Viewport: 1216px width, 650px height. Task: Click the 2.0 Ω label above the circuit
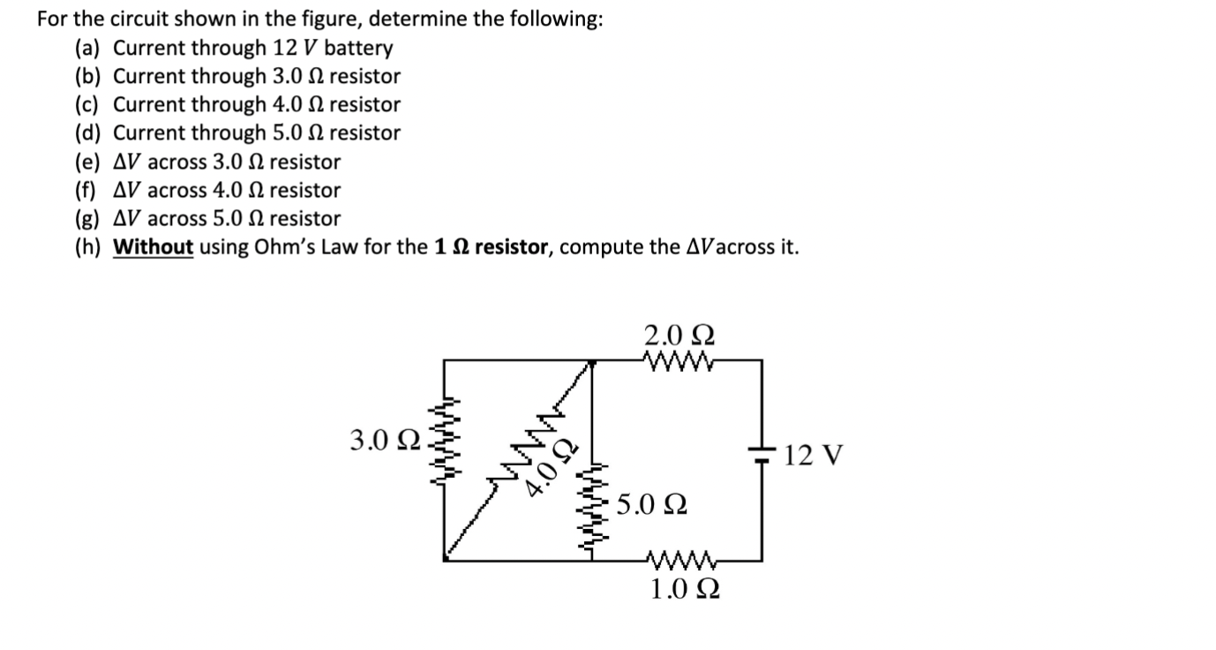[679, 336]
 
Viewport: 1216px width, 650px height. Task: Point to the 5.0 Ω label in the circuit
[652, 505]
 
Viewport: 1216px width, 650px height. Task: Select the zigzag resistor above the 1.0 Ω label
[677, 558]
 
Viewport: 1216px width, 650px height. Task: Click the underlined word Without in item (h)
[154, 246]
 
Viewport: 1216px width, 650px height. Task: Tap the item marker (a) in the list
[87, 48]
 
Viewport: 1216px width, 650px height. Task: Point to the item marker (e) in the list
[87, 162]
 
